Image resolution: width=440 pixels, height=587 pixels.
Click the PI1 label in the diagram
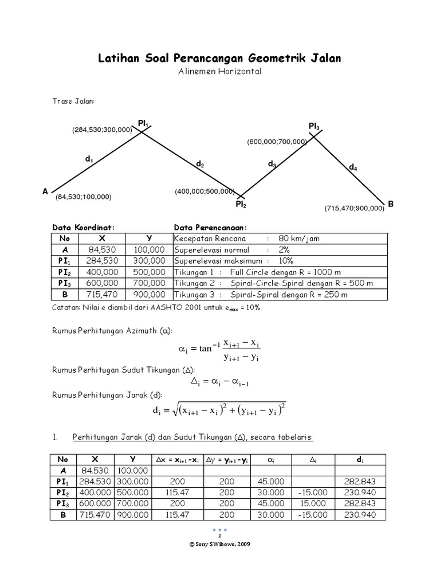coord(143,122)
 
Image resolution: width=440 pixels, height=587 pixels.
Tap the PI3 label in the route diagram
coord(314,126)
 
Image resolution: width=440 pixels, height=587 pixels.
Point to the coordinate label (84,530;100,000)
coord(84,197)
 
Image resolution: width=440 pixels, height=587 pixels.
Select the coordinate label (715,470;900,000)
coord(354,209)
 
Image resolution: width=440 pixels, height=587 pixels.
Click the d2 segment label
coord(200,165)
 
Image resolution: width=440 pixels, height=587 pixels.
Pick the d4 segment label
coord(353,167)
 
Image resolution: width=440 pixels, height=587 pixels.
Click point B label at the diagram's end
coord(391,204)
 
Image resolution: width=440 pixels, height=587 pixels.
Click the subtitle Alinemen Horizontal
coord(220,72)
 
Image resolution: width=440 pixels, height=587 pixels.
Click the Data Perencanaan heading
coord(210,227)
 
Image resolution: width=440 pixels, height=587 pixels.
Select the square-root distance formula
coord(219,410)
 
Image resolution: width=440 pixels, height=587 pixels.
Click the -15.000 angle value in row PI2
coord(313,492)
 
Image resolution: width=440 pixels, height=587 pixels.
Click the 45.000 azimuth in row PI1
coord(270,482)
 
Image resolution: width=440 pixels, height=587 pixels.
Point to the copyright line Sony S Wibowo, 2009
coord(220,544)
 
